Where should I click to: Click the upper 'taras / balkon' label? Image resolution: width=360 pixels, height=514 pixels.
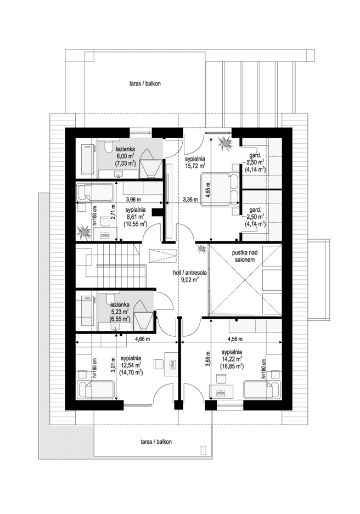(x=145, y=84)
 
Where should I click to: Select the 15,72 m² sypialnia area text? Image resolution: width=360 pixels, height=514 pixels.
(x=195, y=159)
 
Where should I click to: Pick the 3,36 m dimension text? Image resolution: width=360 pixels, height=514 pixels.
(x=191, y=199)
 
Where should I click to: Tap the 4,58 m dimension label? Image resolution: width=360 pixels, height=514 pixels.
(x=238, y=338)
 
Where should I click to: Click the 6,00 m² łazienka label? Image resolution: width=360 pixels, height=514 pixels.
(x=122, y=156)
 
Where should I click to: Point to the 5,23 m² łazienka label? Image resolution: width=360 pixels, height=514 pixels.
(x=119, y=310)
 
